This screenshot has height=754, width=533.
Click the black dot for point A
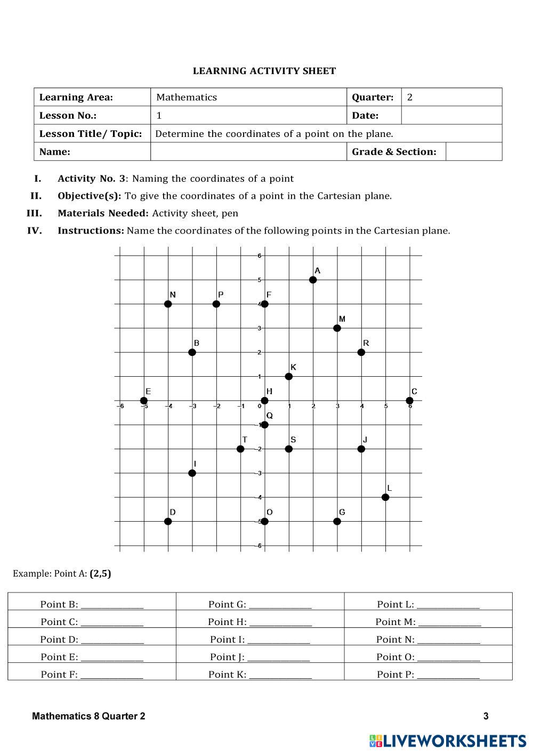pyautogui.click(x=313, y=280)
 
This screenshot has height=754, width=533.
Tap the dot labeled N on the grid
pyautogui.click(x=168, y=304)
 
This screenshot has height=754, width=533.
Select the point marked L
pyautogui.click(x=385, y=497)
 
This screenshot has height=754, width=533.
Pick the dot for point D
pyautogui.click(x=168, y=521)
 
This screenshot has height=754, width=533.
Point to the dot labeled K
pyautogui.click(x=289, y=377)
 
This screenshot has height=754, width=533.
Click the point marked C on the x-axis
pyautogui.click(x=409, y=401)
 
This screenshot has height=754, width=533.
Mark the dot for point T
pyautogui.click(x=240, y=449)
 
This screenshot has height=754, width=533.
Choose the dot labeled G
pyautogui.click(x=337, y=521)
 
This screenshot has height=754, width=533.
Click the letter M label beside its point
pyautogui.click(x=342, y=319)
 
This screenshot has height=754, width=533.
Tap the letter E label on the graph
pyautogui.click(x=148, y=392)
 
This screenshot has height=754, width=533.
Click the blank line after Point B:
pyautogui.click(x=112, y=605)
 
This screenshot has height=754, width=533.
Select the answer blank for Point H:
pyautogui.click(x=280, y=622)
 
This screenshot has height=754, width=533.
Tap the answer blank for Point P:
pyautogui.click(x=448, y=675)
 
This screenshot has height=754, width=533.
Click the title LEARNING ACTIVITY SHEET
pyautogui.click(x=264, y=71)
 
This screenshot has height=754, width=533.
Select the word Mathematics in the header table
pyautogui.click(x=187, y=97)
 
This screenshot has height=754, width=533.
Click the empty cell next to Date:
pyautogui.click(x=451, y=115)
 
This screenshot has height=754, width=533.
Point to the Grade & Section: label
pyautogui.click(x=394, y=152)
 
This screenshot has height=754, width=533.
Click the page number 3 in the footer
pyautogui.click(x=486, y=716)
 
